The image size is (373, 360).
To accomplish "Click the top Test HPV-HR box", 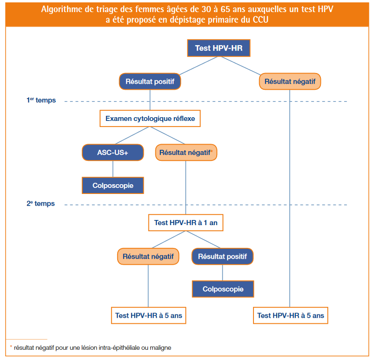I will (219, 48).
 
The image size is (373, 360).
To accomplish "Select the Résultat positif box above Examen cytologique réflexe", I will (150, 81).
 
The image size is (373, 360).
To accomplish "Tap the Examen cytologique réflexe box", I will (150, 119).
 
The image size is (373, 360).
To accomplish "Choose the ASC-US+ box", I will (113, 153).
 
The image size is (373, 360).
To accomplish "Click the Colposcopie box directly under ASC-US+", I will (113, 186).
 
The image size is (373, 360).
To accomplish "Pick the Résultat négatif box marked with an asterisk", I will (186, 153).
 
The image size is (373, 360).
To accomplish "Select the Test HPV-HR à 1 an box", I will (186, 223).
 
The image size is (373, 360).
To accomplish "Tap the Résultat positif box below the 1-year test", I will (222, 256).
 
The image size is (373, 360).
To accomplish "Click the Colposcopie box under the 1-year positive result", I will (223, 289).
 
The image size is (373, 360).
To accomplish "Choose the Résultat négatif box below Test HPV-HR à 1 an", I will (148, 256).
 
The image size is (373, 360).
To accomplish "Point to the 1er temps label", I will (41, 100).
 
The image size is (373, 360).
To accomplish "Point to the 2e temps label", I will (40, 204).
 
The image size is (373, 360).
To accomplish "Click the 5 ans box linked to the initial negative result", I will (291, 315).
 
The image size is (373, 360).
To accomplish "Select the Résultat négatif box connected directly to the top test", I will (290, 81).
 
